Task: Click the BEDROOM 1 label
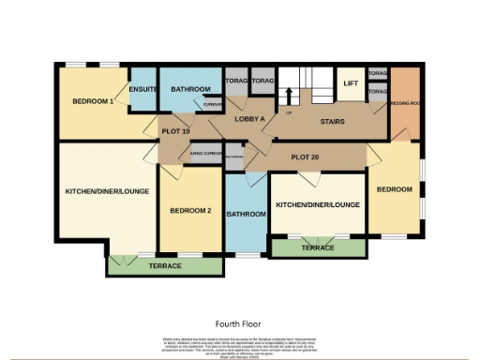click(x=93, y=101)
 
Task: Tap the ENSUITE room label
click(x=142, y=89)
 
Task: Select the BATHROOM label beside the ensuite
click(x=190, y=89)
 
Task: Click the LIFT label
click(x=351, y=83)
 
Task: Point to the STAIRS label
click(x=333, y=121)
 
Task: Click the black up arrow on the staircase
click(x=289, y=95)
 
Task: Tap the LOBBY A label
click(x=249, y=120)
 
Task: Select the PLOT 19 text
click(x=175, y=131)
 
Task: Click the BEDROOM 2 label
click(x=190, y=211)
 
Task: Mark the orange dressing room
click(x=405, y=103)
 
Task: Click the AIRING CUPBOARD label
click(x=205, y=153)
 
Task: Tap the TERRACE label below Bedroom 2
click(x=165, y=265)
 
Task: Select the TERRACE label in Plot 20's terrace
click(x=318, y=247)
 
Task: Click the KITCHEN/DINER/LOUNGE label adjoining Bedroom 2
click(x=105, y=191)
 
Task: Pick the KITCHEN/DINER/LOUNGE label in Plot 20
click(x=318, y=204)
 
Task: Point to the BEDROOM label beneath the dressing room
click(x=394, y=189)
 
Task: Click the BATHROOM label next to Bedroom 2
click(x=247, y=214)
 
